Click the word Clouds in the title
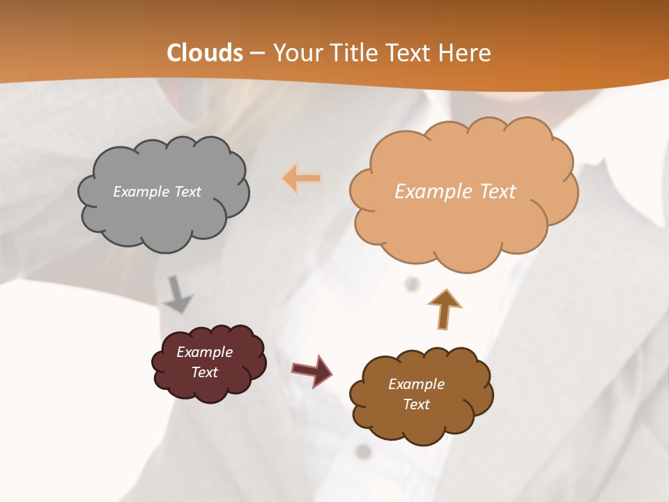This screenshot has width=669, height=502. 205,53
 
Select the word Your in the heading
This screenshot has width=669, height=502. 297,53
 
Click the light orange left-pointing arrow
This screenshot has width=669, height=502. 302,178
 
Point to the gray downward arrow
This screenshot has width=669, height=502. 178,296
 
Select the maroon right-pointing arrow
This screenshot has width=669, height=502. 312,370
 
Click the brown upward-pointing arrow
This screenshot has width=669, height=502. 444,308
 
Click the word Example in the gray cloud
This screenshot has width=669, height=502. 139,192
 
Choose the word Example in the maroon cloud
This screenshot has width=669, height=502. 204,352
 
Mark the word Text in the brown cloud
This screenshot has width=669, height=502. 416,404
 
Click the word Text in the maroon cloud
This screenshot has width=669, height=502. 204,372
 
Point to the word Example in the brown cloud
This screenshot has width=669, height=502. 416,384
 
